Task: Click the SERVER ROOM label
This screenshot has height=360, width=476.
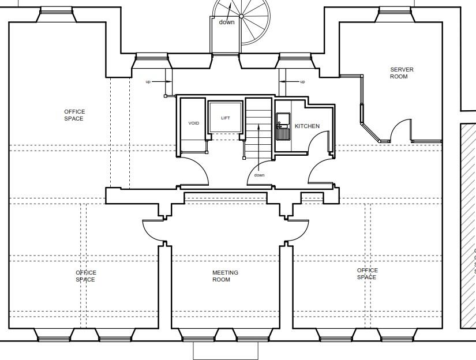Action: coord(402,73)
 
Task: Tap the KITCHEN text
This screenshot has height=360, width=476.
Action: coord(307,126)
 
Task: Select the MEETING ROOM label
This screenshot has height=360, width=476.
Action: coord(225,276)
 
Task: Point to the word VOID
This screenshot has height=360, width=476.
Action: coord(194,123)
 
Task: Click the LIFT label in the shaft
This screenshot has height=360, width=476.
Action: coord(226,118)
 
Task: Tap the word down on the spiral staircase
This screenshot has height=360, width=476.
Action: coord(227,22)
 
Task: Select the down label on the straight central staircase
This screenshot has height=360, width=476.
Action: coord(259,175)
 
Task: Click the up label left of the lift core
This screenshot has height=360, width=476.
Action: coord(148,82)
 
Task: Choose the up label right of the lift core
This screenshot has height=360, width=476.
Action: coord(302,82)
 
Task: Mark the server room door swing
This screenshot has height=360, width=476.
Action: coord(401,132)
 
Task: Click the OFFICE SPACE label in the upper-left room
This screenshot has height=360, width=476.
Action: coord(74,115)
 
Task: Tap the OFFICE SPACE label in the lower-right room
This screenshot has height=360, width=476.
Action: coord(367,273)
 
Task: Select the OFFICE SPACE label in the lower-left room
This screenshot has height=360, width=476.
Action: coord(85,276)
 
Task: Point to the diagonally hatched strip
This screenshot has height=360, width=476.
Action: coord(467,225)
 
